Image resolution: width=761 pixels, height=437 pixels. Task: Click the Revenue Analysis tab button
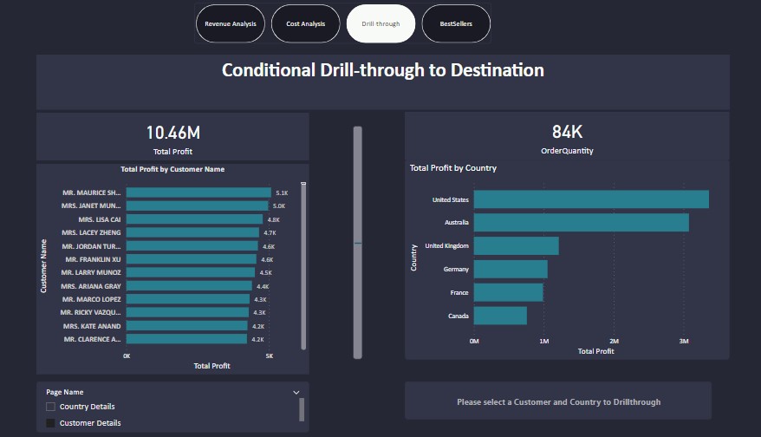[x=231, y=23]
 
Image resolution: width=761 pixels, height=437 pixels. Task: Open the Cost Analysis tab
[x=305, y=23]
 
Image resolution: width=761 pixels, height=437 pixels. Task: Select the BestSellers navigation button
[x=455, y=23]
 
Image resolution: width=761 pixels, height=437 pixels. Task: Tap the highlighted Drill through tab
[x=380, y=23]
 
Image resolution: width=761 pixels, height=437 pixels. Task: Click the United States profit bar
[x=591, y=199]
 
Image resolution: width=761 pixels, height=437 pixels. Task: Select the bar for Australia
[x=581, y=223]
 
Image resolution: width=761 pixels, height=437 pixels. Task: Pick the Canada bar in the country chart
[x=500, y=316]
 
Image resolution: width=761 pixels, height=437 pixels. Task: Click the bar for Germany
[x=511, y=270]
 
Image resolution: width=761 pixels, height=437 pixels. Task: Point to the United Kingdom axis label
[x=446, y=246]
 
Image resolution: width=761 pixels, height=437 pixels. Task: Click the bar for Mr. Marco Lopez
[x=188, y=299]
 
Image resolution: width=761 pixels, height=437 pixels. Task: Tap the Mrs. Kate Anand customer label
[x=91, y=326]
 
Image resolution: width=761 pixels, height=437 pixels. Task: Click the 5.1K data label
[x=282, y=193]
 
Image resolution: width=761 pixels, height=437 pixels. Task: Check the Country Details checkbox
[x=51, y=407]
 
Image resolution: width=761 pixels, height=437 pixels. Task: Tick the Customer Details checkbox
[x=51, y=423]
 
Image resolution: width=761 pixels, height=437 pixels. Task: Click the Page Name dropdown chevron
[x=296, y=392]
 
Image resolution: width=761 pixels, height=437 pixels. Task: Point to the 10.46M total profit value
[x=172, y=133]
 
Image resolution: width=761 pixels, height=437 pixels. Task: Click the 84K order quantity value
[x=567, y=132]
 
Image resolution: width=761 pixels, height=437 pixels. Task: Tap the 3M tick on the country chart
[x=683, y=341]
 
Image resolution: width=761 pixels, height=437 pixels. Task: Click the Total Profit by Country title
[x=452, y=168]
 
